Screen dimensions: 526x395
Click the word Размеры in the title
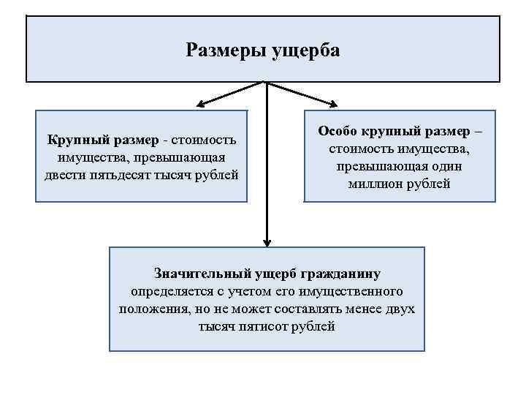tap(225, 50)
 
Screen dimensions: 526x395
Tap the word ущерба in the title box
tap(306, 50)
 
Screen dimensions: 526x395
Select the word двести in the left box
tap(64, 176)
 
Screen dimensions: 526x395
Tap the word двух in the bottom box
tap(399, 309)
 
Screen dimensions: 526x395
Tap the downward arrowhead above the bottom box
tap(267, 241)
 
